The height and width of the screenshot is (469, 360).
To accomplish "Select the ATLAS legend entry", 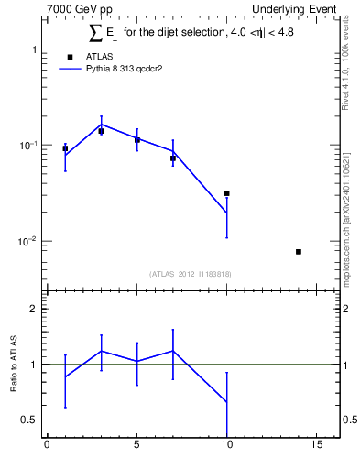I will click(91, 82).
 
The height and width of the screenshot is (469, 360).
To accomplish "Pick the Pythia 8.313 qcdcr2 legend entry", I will click(111, 93).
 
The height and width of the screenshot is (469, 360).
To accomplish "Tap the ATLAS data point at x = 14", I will click(299, 251).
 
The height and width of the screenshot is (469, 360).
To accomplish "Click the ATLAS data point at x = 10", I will click(226, 193).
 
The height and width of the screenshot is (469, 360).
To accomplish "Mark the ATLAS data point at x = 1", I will click(65, 147).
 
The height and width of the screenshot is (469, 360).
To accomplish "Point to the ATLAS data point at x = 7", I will click(172, 158).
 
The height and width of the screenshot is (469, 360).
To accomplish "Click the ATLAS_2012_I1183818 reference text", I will click(191, 274).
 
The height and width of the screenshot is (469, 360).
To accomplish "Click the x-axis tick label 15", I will click(316, 446).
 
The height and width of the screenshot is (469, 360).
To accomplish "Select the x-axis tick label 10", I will click(226, 446).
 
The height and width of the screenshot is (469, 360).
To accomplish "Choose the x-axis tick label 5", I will click(136, 446).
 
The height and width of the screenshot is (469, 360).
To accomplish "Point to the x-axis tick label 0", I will click(47, 446).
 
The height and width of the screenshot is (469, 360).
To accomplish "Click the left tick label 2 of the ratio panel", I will click(33, 310).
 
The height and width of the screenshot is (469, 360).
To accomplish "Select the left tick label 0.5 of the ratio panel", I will click(30, 420).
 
